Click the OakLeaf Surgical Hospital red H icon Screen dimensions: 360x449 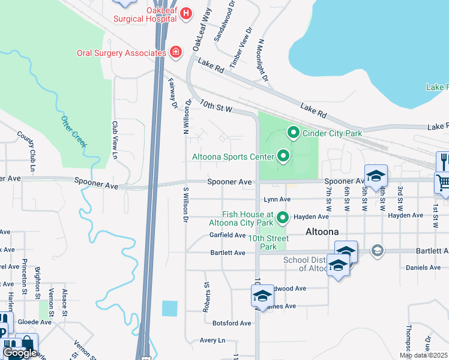point(186,13)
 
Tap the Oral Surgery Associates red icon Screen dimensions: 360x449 point(175,53)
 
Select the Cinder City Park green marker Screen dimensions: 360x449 point(294,133)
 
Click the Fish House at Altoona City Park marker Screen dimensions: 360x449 point(283,217)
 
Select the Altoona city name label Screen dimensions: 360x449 point(322,232)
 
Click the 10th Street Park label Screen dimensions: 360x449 point(268,242)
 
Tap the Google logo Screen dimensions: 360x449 point(19,353)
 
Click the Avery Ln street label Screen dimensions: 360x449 point(212,340)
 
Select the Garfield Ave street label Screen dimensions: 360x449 point(228,235)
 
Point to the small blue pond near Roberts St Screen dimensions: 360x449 point(170,308)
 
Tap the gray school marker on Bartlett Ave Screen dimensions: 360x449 point(377,250)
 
